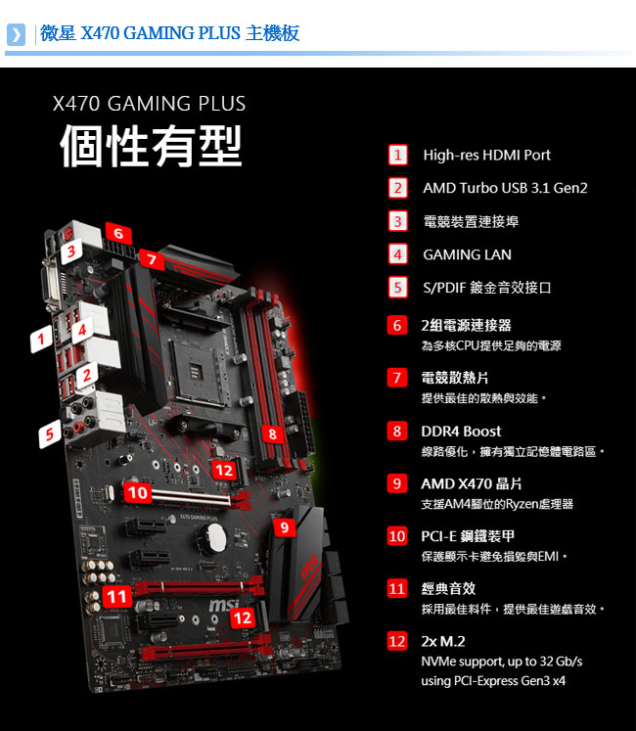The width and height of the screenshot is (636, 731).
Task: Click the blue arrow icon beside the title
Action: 16,34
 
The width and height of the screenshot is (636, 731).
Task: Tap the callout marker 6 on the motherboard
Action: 118,233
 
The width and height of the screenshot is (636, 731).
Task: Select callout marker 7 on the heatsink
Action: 152,258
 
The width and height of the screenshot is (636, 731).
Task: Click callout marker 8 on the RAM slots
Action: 272,434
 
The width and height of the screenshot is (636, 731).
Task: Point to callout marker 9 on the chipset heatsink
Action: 285,526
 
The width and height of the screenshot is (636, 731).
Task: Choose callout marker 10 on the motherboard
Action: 138,492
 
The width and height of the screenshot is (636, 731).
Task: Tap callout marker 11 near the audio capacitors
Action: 116,597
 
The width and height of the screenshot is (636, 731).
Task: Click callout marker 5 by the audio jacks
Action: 50,434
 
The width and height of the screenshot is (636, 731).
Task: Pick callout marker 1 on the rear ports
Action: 41,339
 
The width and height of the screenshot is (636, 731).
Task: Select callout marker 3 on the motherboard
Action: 71,251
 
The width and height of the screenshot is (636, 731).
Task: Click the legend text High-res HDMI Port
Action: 487,155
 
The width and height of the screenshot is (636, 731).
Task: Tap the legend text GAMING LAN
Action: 467,254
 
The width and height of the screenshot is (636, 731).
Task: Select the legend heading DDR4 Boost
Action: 461,432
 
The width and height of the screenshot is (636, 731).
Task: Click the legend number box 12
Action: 397,641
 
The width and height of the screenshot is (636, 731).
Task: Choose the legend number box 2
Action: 397,188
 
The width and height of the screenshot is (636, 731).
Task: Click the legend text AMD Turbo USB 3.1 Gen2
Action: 505,188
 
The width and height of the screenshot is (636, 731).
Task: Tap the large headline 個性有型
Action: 151,146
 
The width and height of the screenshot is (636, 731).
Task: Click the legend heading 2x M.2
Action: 443,642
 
